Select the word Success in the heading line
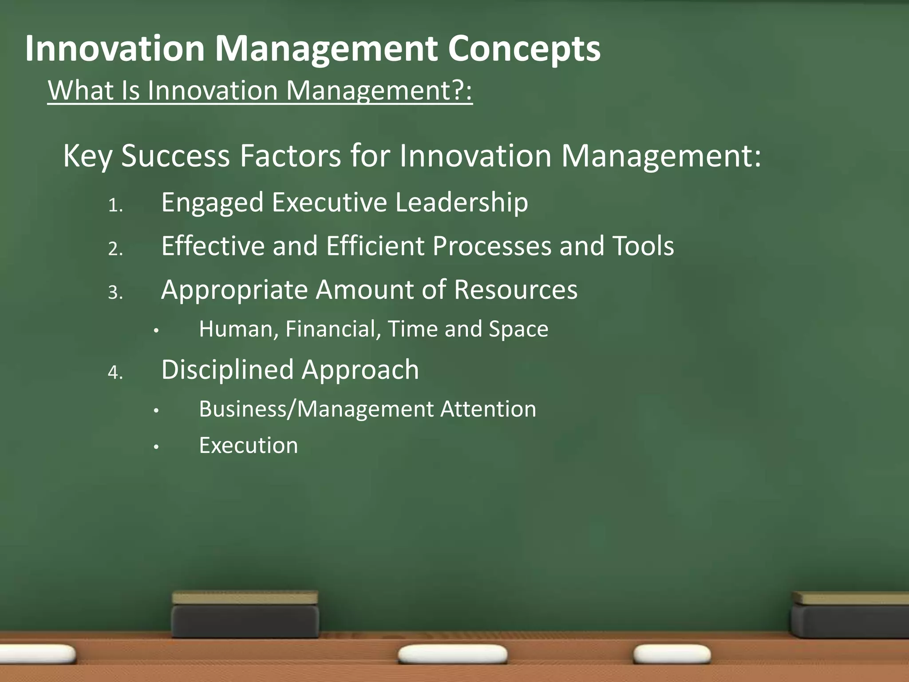[x=175, y=156]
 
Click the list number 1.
[x=115, y=206]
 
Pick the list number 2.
[x=115, y=249]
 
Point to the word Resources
[x=516, y=290]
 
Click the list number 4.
[x=115, y=373]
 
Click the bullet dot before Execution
[x=156, y=447]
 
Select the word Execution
[x=249, y=445]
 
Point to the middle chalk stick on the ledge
[x=453, y=654]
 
